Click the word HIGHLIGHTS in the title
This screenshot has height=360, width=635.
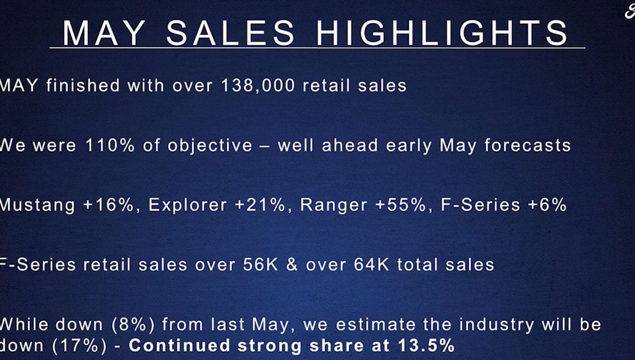(x=442, y=33)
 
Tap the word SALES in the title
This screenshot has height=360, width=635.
(x=231, y=33)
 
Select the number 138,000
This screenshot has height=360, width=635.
(x=258, y=86)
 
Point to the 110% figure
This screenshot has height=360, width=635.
(x=110, y=146)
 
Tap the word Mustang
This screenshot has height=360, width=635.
(x=37, y=205)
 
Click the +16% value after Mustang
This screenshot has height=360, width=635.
(x=108, y=205)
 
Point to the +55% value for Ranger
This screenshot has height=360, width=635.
(x=401, y=205)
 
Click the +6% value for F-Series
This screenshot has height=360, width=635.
(x=547, y=205)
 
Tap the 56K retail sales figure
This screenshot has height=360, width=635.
(x=261, y=265)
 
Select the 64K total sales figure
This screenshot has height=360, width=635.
(x=371, y=265)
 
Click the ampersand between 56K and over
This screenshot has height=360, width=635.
(x=292, y=265)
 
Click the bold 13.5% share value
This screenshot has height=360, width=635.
(x=426, y=345)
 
